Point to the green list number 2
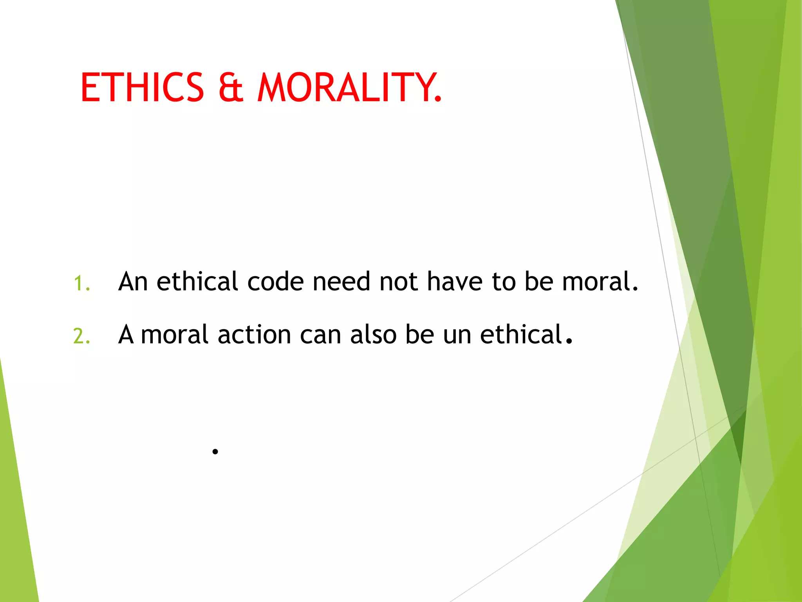tap(81, 336)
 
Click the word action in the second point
tap(254, 335)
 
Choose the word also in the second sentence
tap(373, 335)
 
